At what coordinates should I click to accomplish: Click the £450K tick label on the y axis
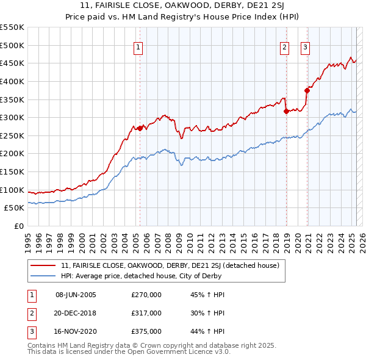click(x=12, y=63)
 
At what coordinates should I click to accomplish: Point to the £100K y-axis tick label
click(x=12, y=190)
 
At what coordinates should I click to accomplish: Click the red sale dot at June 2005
click(x=140, y=128)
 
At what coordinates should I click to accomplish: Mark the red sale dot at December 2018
click(x=285, y=111)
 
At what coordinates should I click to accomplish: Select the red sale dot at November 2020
click(x=307, y=90)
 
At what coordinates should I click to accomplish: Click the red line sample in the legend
click(x=44, y=265)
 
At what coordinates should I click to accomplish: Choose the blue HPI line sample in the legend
click(x=44, y=276)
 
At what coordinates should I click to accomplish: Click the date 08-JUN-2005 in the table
click(x=76, y=295)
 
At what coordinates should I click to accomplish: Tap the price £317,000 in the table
click(x=146, y=313)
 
